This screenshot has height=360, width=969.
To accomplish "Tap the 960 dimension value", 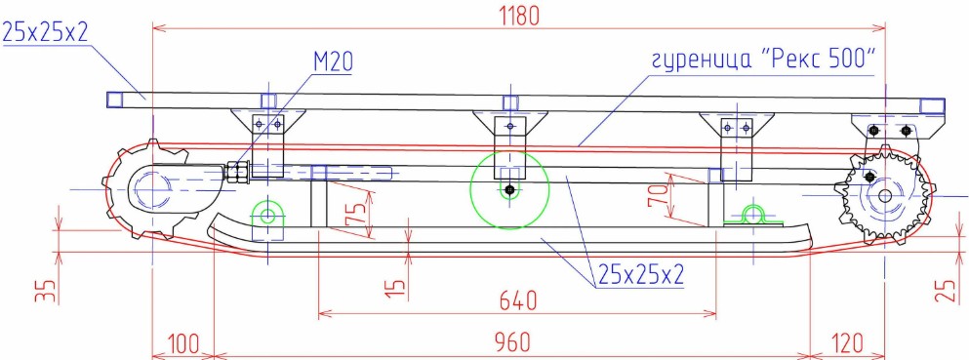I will click(511, 342).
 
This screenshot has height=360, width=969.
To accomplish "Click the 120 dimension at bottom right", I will click(848, 342).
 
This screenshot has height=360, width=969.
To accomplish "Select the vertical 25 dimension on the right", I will click(944, 290).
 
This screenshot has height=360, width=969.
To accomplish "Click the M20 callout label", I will click(332, 62).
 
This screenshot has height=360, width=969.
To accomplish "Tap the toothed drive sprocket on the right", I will click(884, 195).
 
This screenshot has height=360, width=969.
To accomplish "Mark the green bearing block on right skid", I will click(752, 216).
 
